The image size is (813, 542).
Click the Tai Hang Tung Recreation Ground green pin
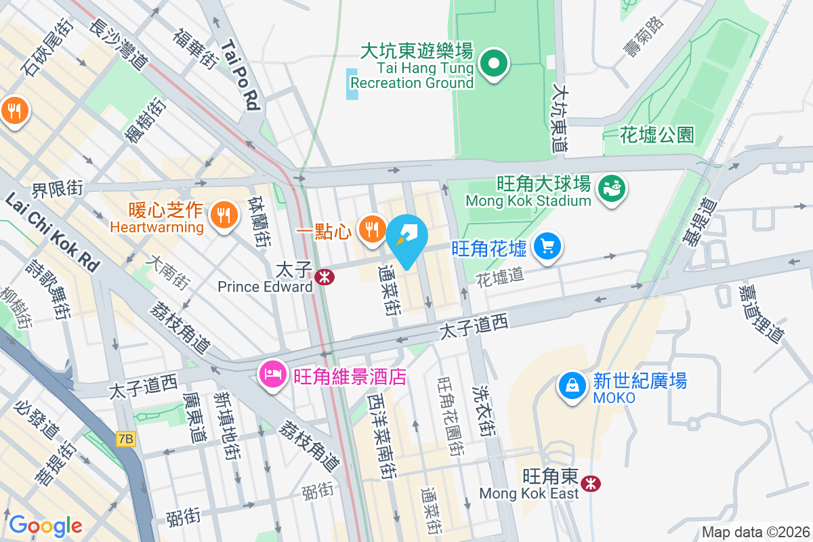pos(494,64)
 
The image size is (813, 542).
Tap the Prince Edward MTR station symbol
pos(325,276)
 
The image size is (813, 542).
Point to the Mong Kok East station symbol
pos(591,483)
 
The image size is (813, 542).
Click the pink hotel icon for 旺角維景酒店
pos(273,373)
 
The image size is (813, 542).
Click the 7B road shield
pos(125,439)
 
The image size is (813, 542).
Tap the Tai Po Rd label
pos(241,74)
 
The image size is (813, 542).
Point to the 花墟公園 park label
pos(657,135)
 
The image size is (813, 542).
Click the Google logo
pos(45,525)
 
